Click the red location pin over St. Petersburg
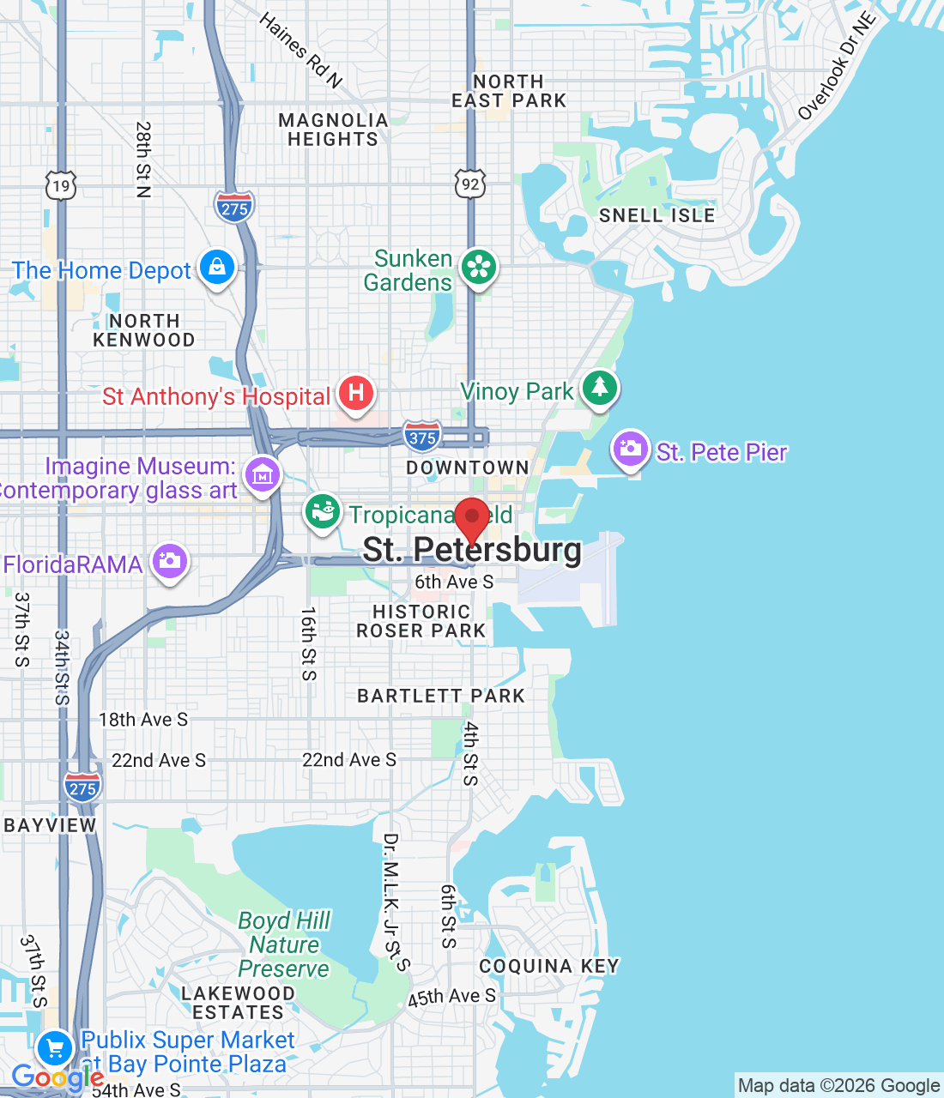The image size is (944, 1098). [x=471, y=518]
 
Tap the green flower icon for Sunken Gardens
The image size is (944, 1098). [x=479, y=267]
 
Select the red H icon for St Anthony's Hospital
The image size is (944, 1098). [x=356, y=394]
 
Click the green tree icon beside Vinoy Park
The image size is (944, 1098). [x=600, y=388]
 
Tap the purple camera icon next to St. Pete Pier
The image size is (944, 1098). [x=631, y=449]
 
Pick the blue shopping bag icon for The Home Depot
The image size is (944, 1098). [x=217, y=267]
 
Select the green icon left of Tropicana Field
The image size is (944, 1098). [x=323, y=512]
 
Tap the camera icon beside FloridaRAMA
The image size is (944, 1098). [x=170, y=561]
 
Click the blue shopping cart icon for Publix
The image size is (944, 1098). [x=56, y=1047]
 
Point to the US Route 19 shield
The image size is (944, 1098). [x=60, y=185]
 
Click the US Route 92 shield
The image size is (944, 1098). [x=470, y=184]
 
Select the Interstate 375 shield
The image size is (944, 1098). [x=422, y=437]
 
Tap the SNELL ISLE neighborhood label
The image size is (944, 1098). [x=657, y=215]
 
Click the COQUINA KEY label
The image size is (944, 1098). [x=549, y=966]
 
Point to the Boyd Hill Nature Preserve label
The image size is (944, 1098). [x=284, y=944]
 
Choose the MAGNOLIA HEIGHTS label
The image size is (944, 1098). [x=333, y=130]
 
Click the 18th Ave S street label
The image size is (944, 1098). [x=143, y=720]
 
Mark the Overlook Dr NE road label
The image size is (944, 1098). [x=837, y=65]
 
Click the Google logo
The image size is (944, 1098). [x=57, y=1077]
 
